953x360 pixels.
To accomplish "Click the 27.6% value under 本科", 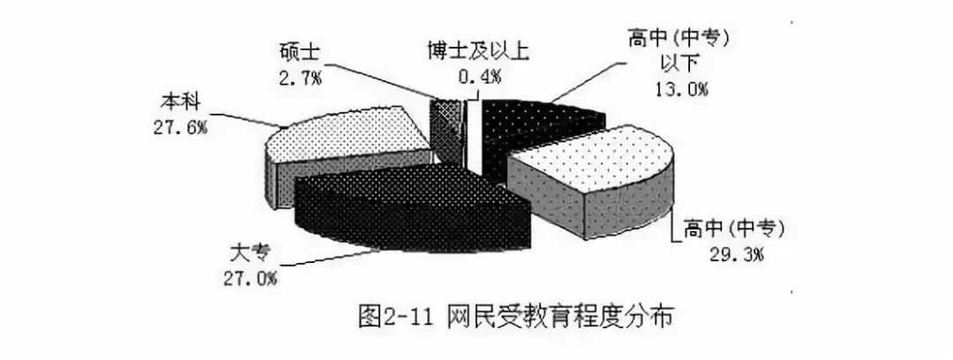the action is tap(180, 127).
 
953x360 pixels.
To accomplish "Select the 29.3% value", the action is tap(728, 256).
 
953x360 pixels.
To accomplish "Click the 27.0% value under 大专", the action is tap(252, 279).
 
